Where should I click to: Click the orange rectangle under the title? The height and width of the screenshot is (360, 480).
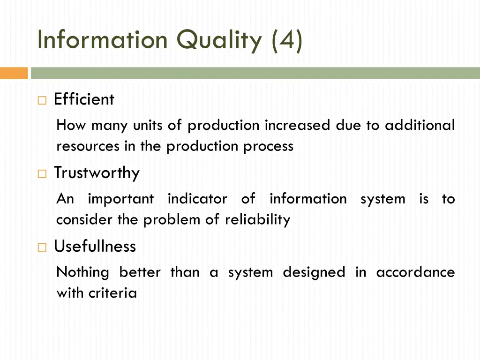point(14,73)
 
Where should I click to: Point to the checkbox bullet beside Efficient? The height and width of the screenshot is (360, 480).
point(42,100)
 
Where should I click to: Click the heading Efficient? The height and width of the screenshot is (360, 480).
point(84,99)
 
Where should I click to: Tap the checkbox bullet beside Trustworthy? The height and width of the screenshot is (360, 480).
point(42,174)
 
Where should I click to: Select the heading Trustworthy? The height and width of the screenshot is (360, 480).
point(97,173)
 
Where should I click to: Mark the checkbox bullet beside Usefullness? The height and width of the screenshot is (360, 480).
point(42,247)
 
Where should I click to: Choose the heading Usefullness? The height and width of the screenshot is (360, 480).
point(95,246)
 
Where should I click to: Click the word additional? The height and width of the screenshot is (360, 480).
point(420,125)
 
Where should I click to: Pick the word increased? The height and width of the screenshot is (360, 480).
point(298,125)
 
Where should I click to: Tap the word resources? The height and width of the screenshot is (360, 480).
point(88,146)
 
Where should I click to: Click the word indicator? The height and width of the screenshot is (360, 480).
point(197,199)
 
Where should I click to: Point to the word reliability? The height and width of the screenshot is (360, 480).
point(257,220)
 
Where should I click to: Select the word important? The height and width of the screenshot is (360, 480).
point(121,199)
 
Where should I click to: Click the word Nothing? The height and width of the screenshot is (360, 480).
point(82,272)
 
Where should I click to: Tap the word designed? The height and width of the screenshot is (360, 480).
point(314,272)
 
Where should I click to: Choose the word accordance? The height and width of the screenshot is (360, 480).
point(415,272)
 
